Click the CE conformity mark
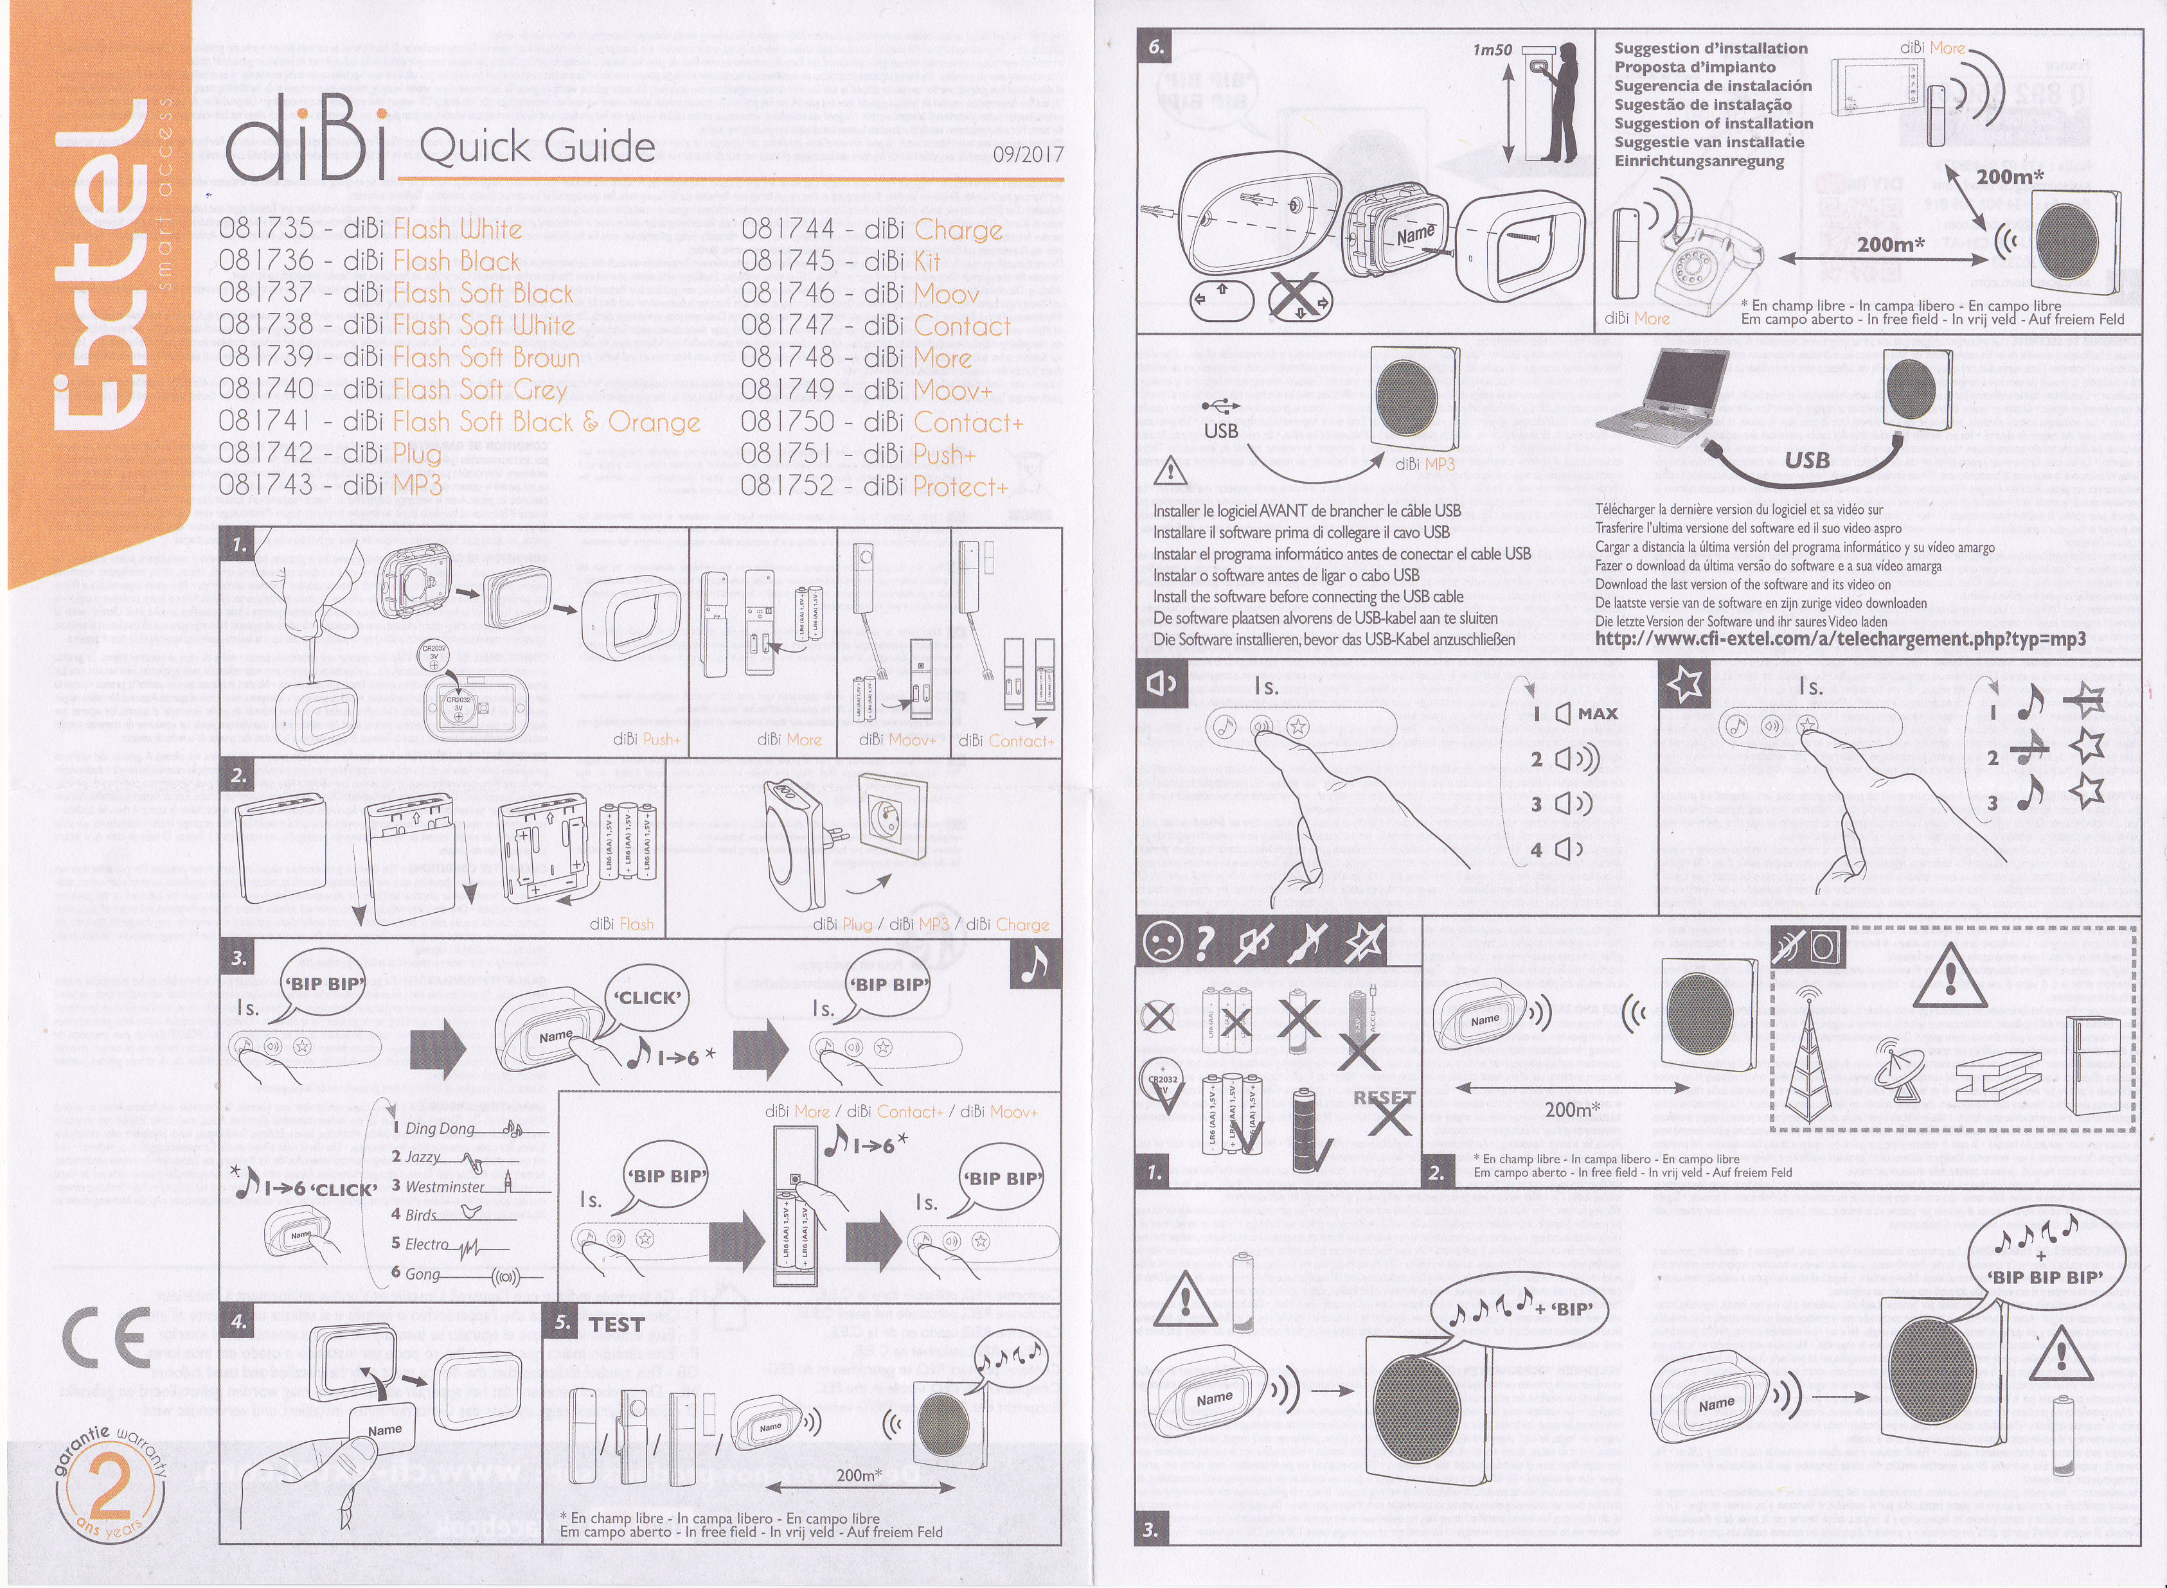tap(106, 1337)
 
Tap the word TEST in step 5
tap(616, 1323)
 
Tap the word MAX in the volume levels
tap(1598, 713)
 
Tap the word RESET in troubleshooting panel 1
tap(1384, 1097)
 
